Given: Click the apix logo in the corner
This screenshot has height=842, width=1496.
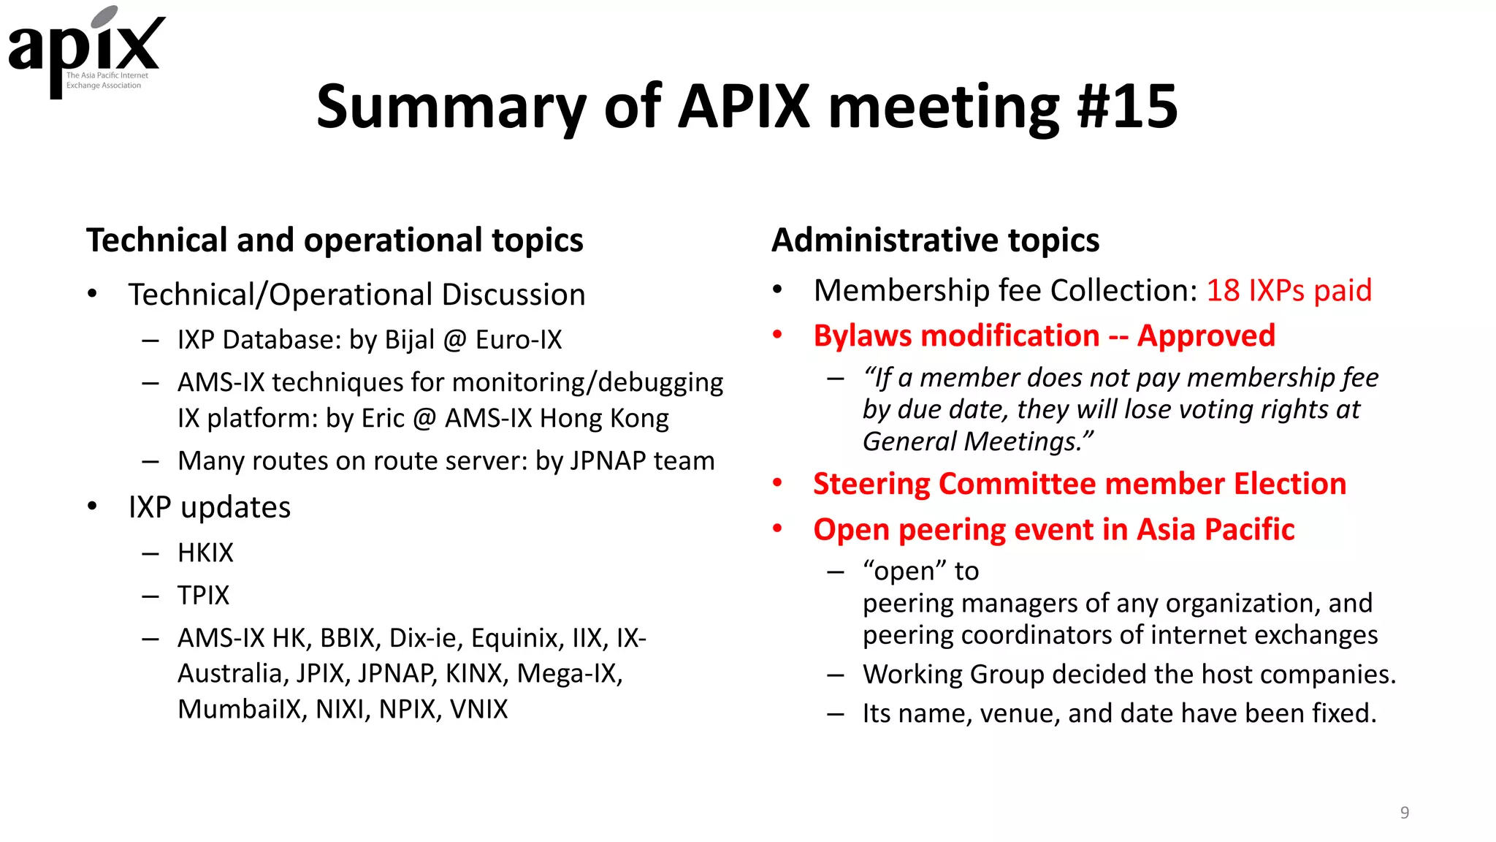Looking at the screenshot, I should click(86, 51).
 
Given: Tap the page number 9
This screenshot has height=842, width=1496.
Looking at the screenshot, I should click(1404, 812).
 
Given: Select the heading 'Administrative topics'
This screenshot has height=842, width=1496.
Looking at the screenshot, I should click(935, 240).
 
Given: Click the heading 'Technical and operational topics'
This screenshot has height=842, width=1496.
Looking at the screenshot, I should click(335, 240).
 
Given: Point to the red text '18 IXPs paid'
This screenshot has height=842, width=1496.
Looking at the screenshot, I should click(1289, 290).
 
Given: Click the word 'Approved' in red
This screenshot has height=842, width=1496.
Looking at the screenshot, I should click(1206, 335).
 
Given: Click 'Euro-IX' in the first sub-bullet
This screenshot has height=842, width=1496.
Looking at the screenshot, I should click(519, 340).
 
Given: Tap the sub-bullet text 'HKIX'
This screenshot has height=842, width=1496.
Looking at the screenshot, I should click(205, 553).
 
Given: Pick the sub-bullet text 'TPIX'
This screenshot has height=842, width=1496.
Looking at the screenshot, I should click(203, 595).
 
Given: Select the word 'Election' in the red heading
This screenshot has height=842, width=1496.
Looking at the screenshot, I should click(1289, 484).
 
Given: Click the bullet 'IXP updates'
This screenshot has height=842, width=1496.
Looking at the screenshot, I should click(209, 507).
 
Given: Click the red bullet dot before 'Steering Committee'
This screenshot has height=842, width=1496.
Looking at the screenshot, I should click(777, 482).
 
